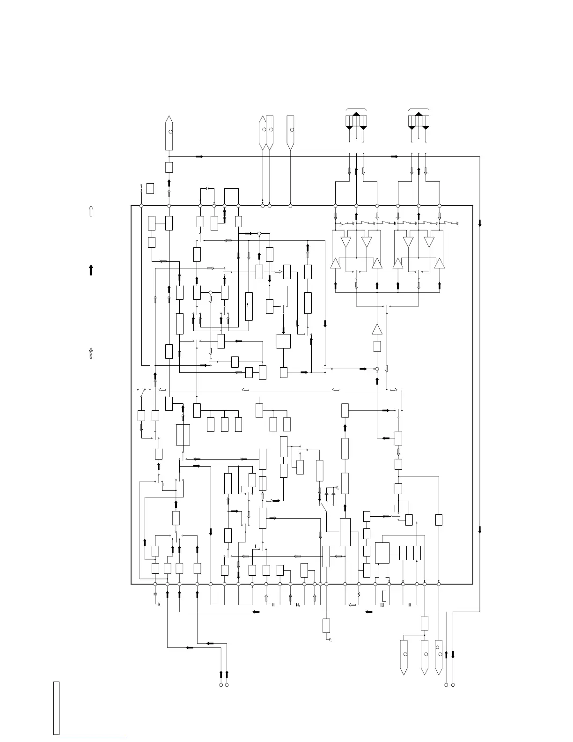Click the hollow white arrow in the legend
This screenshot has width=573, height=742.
pyautogui.click(x=91, y=211)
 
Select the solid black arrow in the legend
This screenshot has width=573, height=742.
pyautogui.click(x=91, y=270)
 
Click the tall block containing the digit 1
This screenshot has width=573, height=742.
pyautogui.click(x=249, y=306)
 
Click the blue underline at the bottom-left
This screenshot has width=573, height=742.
pyautogui.click(x=93, y=738)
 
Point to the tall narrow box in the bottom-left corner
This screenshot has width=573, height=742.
pyautogui.click(x=56, y=708)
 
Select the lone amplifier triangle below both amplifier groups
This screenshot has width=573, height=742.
pyautogui.click(x=377, y=329)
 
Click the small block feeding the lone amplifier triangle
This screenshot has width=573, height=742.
pyautogui.click(x=377, y=347)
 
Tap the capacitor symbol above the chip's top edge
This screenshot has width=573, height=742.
pyautogui.click(x=207, y=189)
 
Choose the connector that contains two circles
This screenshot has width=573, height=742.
pyautogui.click(x=439, y=658)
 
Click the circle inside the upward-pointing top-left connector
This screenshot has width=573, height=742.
pyautogui.click(x=170, y=132)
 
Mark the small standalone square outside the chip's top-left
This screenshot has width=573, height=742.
pyautogui.click(x=150, y=188)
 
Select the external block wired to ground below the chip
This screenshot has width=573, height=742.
pyautogui.click(x=326, y=625)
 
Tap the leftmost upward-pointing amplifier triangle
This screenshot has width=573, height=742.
pyautogui.click(x=335, y=264)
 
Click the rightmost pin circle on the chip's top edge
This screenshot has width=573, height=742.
pyautogui.click(x=439, y=206)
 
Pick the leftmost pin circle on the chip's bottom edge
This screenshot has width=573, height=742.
pyautogui.click(x=155, y=584)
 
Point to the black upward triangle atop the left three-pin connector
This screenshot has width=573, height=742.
pyautogui.click(x=356, y=114)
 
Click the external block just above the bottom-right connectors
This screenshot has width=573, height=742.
pyautogui.click(x=425, y=623)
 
